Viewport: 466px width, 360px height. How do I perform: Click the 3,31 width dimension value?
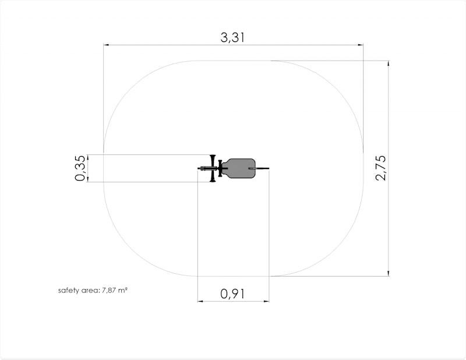click(x=232, y=38)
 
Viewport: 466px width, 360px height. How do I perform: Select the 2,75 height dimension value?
click(x=381, y=168)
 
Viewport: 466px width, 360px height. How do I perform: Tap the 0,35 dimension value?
click(x=80, y=168)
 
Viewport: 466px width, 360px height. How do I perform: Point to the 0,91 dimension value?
click(x=232, y=294)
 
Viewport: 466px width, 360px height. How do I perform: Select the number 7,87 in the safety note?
click(x=109, y=291)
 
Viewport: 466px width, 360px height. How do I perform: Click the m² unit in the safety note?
click(x=123, y=290)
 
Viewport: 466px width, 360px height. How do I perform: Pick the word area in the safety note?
click(x=90, y=291)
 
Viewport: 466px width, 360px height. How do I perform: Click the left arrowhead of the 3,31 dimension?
click(x=106, y=45)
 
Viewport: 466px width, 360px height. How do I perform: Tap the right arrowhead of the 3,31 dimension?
click(x=360, y=45)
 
